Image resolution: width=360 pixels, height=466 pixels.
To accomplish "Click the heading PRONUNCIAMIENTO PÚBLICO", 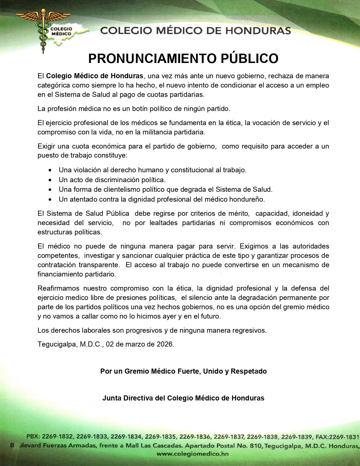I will click(183, 58).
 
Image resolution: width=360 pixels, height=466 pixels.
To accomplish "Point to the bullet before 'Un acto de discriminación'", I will click(50, 180).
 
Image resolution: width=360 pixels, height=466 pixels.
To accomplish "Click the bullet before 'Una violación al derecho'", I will click(50, 170).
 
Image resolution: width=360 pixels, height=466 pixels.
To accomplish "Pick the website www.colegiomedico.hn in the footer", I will click(193, 454).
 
